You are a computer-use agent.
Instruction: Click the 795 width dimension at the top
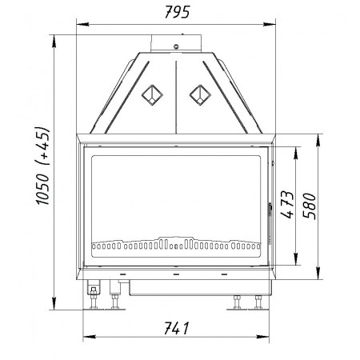177,12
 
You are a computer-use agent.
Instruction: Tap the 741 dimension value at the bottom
176,328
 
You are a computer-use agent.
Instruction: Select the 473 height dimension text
287,204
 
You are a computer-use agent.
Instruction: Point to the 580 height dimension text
310,206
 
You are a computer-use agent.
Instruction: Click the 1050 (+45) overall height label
42,166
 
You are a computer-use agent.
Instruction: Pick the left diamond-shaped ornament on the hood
152,95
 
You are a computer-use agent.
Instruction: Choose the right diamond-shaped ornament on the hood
200,95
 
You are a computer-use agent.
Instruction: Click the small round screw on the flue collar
176,46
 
